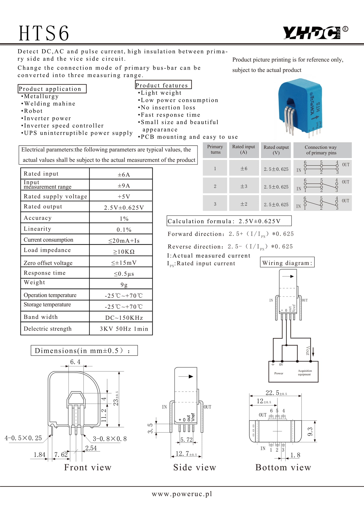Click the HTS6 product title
[x=44, y=33]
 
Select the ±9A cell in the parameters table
[x=124, y=186]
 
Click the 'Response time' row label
[x=45, y=273]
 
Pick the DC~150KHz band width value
[x=124, y=318]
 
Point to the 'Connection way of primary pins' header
[x=321, y=150]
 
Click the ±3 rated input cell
[x=244, y=186]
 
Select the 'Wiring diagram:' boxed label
[x=287, y=263]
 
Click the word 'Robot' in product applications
[x=33, y=111]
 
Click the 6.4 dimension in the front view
[x=75, y=362]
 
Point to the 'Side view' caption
[x=194, y=467]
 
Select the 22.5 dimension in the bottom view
[x=276, y=393]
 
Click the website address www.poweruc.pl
[x=182, y=494]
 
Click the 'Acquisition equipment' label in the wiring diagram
[x=305, y=373]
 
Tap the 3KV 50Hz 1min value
[x=124, y=329]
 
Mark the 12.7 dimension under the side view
[x=186, y=453]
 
